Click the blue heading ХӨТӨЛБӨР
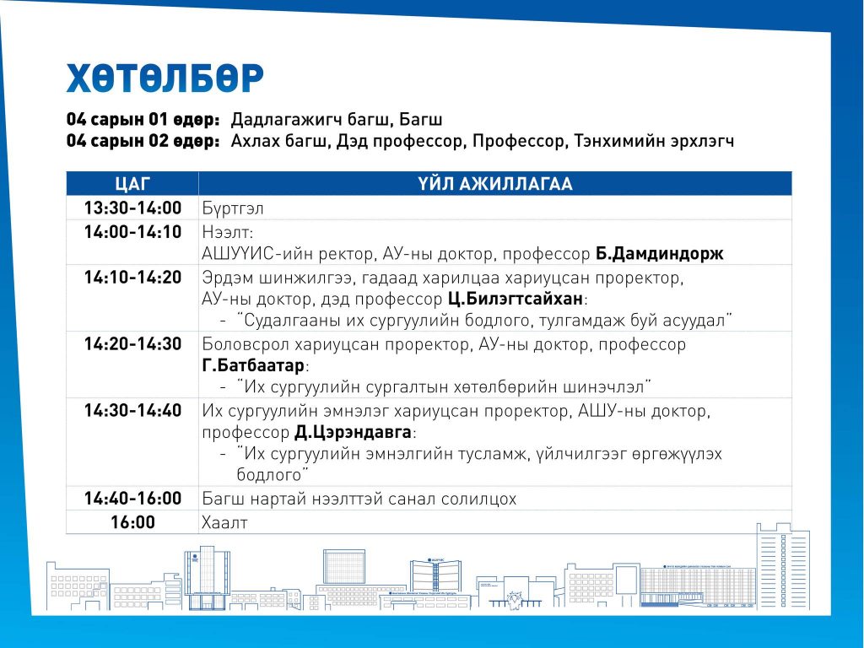coord(165,78)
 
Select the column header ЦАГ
coord(132,183)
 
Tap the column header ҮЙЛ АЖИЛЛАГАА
coord(494,183)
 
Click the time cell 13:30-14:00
coord(132,208)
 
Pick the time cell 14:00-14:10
coord(132,231)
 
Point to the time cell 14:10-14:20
coord(132,277)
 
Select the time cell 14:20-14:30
coord(132,344)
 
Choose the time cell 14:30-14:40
coord(132,411)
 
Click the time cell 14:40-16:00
coord(132,499)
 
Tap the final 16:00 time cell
coord(132,522)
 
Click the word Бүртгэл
coord(233,209)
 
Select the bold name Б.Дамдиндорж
coord(660,254)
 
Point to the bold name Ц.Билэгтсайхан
coord(516,299)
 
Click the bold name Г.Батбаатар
coord(253,365)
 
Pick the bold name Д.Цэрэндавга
coord(354,432)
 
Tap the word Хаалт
coord(224,522)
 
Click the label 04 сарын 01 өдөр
coord(143,120)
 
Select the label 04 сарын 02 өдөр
coord(143,141)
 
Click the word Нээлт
coord(227,232)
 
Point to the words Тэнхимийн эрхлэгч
coord(654,142)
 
